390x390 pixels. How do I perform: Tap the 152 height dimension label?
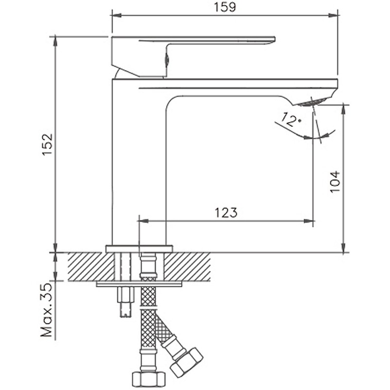tap(47, 145)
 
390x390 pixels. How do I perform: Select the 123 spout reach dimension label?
tap(225, 213)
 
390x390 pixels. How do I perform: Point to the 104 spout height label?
tap(334, 182)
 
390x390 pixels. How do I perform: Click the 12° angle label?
tap(291, 119)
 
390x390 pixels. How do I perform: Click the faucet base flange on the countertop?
tap(139, 248)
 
